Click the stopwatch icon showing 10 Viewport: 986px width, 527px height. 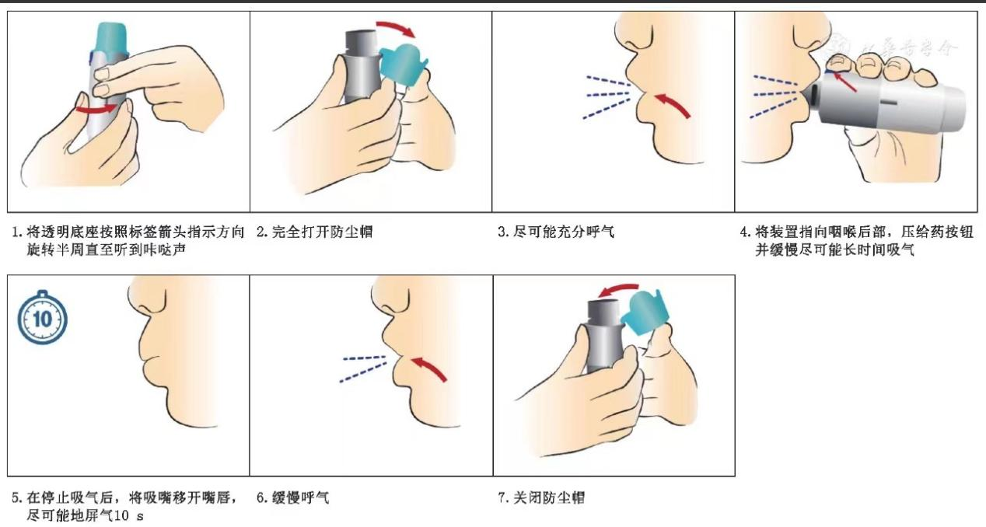pyautogui.click(x=43, y=318)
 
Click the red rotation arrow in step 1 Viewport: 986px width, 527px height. pyautogui.click(x=97, y=109)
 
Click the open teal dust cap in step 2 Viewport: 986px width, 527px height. pyautogui.click(x=404, y=64)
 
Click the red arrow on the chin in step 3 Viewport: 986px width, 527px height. pyautogui.click(x=672, y=105)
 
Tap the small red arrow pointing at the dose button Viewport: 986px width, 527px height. pyautogui.click(x=845, y=82)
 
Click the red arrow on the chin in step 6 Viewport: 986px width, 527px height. pyautogui.click(x=428, y=368)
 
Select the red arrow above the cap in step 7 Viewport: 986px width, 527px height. pyautogui.click(x=620, y=290)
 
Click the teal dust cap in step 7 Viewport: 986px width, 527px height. pyautogui.click(x=645, y=312)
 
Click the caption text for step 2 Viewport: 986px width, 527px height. pyautogui.click(x=314, y=232)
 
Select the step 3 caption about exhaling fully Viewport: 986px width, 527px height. pyautogui.click(x=556, y=232)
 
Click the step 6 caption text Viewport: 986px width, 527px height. pyautogui.click(x=292, y=497)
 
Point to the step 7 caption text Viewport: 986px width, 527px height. pyautogui.click(x=541, y=497)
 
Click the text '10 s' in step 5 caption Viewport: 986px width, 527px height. pyautogui.click(x=128, y=515)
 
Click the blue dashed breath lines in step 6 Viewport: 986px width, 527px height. pyautogui.click(x=364, y=368)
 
